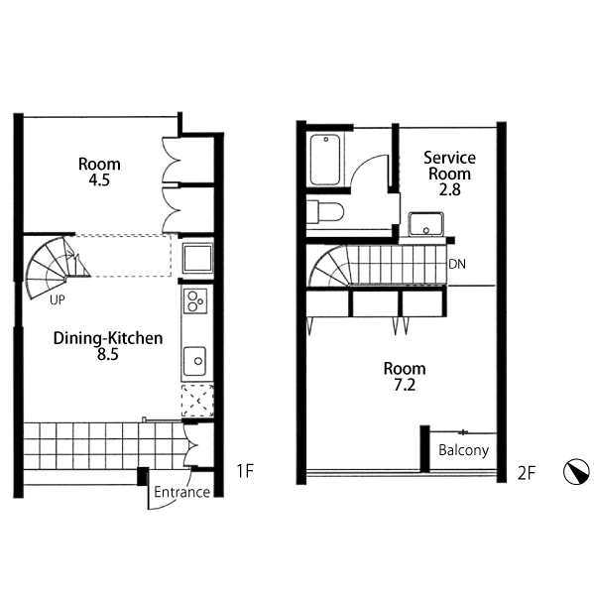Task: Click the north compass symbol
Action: (576, 472)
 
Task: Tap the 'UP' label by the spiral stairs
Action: (58, 300)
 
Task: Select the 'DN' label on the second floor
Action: (457, 264)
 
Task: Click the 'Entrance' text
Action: (181, 492)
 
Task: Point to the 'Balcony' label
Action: (463, 450)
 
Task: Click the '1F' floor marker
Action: (245, 471)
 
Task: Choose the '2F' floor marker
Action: (527, 473)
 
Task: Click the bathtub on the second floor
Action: (325, 160)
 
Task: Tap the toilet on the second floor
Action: (325, 212)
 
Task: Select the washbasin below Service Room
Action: (425, 224)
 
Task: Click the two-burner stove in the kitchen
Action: (195, 300)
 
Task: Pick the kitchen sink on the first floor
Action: (195, 361)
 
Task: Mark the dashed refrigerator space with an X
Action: (197, 401)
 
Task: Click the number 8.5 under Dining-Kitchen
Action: (108, 355)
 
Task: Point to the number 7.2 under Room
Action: (405, 385)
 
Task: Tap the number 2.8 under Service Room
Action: (449, 189)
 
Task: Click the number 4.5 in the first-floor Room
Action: (99, 180)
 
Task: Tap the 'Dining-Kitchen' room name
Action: (108, 338)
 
